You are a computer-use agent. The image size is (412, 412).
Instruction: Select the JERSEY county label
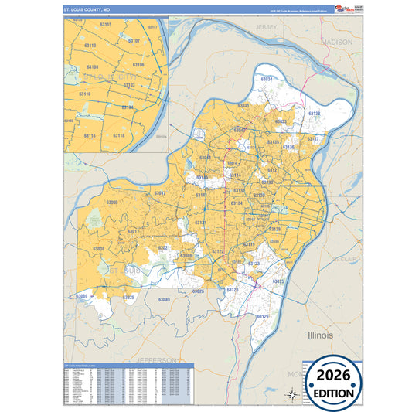click(x=267, y=27)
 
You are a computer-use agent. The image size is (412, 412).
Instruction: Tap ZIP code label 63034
click(x=267, y=80)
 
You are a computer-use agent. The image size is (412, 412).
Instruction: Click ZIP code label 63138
click(x=314, y=114)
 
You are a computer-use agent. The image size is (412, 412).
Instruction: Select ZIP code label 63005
click(x=113, y=203)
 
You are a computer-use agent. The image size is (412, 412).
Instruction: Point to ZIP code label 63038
click(x=98, y=249)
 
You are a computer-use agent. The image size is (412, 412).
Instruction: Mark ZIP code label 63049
click(x=164, y=299)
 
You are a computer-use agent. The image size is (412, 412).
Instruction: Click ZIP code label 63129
click(x=263, y=317)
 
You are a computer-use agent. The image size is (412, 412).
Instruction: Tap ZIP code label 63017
click(x=160, y=192)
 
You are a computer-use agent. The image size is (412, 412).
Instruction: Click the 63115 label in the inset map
click(x=106, y=26)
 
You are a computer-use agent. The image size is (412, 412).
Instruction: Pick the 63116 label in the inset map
click(x=90, y=136)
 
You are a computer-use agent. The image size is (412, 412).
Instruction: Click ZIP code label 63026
click(x=198, y=291)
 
